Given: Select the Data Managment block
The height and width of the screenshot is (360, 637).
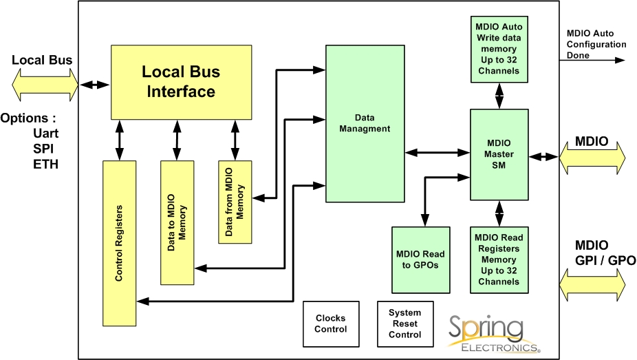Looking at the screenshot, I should [x=364, y=124].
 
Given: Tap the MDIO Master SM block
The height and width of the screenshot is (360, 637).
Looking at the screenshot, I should [x=499, y=154].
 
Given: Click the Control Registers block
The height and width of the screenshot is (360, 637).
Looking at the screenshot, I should [x=120, y=243].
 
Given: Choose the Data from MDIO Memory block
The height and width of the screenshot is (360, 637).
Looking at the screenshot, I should [x=235, y=202].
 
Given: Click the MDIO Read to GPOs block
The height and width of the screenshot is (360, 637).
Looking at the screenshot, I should [x=420, y=260].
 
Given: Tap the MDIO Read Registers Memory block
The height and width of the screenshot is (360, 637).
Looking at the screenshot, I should [x=499, y=260].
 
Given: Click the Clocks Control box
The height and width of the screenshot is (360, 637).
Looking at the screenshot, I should [x=331, y=324].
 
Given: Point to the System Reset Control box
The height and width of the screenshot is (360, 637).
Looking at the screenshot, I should [x=405, y=324].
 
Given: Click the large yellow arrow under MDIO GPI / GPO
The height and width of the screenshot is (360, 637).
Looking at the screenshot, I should [x=593, y=283].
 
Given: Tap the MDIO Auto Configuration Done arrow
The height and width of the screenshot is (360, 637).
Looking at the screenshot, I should [x=596, y=61].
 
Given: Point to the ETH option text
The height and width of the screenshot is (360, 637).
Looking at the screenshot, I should [x=44, y=165].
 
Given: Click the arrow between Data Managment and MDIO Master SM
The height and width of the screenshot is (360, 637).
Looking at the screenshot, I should [x=438, y=152].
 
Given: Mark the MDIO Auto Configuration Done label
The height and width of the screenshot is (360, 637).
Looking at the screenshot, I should [x=596, y=44].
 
